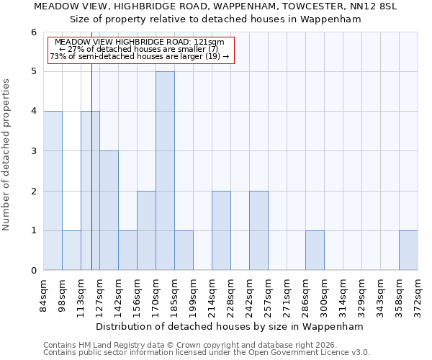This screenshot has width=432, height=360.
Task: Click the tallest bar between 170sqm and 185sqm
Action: [165, 171]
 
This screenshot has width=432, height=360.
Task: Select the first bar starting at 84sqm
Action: [53, 191]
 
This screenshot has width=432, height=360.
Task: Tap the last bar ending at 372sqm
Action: [408, 251]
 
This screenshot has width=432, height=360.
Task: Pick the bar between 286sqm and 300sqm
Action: [315, 251]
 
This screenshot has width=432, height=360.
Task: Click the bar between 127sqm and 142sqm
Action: [109, 210]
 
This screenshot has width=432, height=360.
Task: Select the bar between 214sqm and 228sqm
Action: [221, 230]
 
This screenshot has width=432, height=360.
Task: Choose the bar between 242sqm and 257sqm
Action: [258, 230]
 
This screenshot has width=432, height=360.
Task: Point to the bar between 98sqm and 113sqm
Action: [71, 251]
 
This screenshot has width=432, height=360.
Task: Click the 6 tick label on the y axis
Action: [33, 32]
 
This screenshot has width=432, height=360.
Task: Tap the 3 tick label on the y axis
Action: [33, 151]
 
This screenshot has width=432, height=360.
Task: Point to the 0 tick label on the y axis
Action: [33, 271]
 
